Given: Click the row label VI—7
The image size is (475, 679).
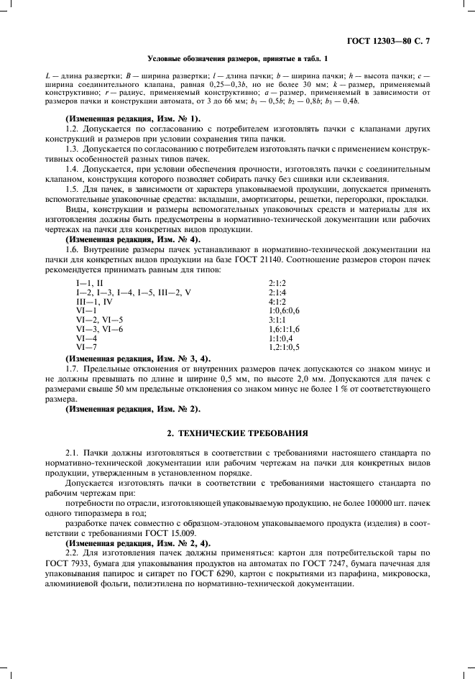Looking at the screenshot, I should pos(87,347).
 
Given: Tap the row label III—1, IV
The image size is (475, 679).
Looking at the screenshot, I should pos(95,302).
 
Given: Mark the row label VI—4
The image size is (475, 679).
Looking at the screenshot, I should pos(87,337).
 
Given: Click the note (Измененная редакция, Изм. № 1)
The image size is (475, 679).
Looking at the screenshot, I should pos(133,118).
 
